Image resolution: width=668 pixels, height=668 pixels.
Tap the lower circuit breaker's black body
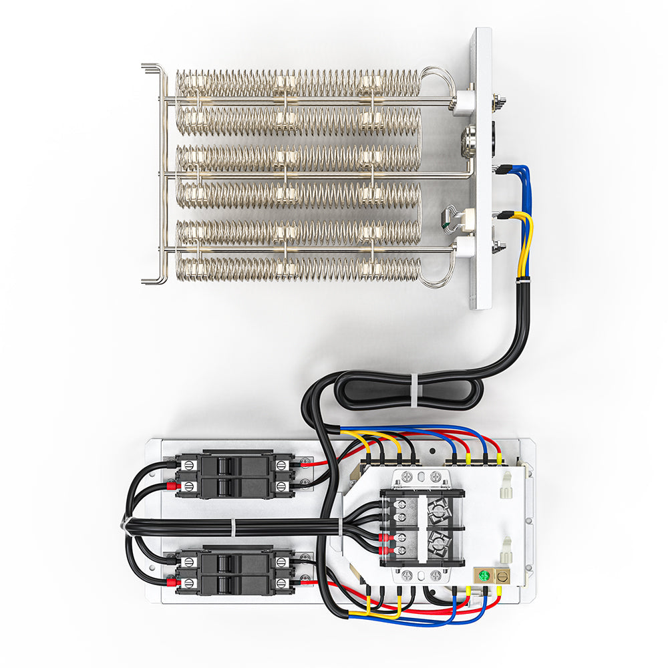(234, 572)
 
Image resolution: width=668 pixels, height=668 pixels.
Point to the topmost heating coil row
(297, 83)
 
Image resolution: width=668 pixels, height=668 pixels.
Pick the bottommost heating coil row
(297, 269)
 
